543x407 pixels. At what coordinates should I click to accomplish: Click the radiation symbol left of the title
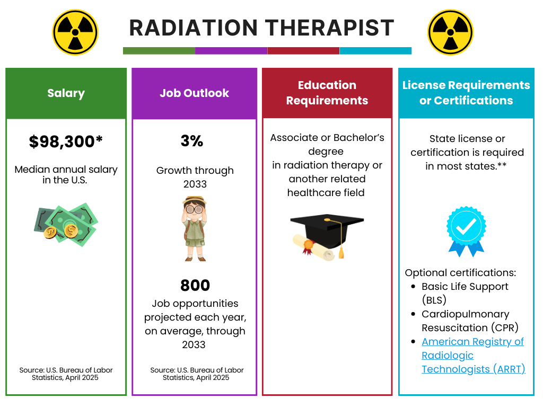[75, 32]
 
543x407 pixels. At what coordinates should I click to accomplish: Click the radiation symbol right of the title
[450, 32]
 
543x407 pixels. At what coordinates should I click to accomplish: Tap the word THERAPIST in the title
[330, 28]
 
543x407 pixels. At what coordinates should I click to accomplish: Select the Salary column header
[66, 93]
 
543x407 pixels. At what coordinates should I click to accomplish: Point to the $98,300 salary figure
[66, 141]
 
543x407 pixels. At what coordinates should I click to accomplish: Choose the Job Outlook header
[194, 93]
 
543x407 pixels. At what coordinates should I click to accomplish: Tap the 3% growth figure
[192, 141]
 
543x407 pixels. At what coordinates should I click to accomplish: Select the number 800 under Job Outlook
[195, 285]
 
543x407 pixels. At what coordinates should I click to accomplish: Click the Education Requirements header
[327, 93]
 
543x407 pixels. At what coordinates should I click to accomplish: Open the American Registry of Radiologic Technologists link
[472, 355]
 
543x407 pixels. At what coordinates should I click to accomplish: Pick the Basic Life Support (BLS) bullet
[465, 293]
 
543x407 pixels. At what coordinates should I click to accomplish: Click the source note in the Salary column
[66, 374]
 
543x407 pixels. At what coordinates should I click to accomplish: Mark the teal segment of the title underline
[375, 51]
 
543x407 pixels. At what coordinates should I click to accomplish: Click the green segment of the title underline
[159, 51]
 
